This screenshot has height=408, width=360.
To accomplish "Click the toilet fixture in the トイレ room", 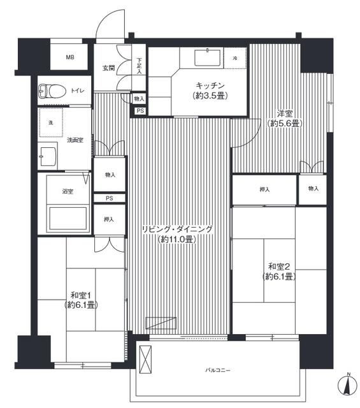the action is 52,91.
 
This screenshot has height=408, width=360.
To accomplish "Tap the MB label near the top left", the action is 70,57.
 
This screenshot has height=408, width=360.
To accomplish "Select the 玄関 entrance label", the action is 108,68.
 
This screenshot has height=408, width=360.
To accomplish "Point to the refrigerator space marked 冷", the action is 235,58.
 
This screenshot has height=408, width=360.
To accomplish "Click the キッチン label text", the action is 210,85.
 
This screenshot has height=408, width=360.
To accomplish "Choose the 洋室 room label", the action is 285,113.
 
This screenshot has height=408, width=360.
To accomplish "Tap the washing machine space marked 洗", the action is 51,122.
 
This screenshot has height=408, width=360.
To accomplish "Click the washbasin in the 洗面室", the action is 48,156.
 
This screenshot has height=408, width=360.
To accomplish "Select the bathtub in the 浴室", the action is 68,218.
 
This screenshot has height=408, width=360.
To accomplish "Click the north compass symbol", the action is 348,385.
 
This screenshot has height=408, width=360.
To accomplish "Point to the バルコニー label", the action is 218,370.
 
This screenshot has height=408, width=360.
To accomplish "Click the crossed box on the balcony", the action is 145,360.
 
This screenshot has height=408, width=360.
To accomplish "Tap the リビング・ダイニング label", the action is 177,229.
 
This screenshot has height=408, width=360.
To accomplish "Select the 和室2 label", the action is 279,266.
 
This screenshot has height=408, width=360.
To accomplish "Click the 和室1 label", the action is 81,295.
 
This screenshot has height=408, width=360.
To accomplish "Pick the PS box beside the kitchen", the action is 140,111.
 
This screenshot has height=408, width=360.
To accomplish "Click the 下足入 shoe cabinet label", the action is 139,66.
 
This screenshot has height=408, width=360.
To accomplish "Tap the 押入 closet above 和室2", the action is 264,190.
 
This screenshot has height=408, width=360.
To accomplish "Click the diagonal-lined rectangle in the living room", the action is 161,323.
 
